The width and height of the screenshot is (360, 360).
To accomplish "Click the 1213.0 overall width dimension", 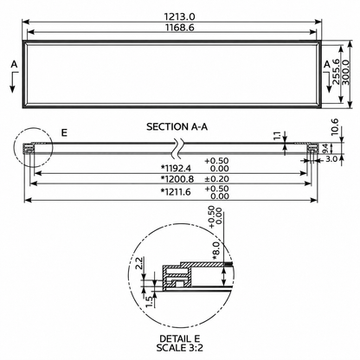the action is [179, 16].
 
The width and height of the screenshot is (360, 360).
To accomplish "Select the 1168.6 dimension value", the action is [179, 28].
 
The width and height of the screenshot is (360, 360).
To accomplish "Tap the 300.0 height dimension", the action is [345, 72].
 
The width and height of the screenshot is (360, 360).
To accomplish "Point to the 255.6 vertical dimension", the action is [336, 71].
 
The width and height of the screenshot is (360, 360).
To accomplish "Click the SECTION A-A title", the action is [177, 126].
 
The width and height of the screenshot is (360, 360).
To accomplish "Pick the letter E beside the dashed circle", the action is [64, 132].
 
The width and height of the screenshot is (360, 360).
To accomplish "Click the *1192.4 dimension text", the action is [176, 168].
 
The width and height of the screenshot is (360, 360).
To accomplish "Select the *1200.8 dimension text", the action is [177, 179].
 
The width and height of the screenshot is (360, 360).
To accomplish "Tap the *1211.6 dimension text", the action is [176, 191].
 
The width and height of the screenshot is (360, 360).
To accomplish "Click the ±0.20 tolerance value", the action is [216, 179].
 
